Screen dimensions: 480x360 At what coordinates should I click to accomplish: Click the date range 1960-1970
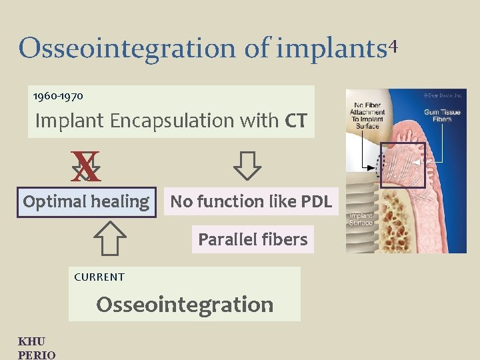[59, 97]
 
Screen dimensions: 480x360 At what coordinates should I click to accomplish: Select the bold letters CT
[295, 121]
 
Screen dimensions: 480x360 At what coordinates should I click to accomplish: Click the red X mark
[87, 167]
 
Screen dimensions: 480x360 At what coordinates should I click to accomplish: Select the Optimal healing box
[87, 201]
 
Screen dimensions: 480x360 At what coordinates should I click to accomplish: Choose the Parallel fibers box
[253, 239]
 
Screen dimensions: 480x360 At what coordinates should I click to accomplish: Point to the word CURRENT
[99, 277]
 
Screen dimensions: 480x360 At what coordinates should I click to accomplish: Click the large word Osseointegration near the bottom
[185, 305]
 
